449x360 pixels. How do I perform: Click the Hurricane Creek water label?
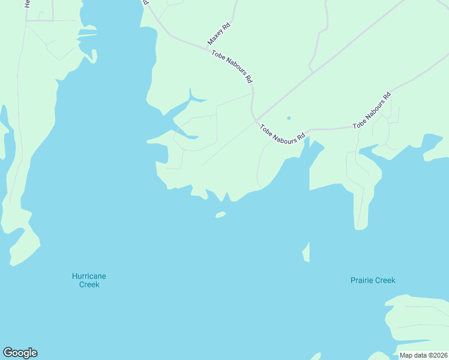(x=89, y=280)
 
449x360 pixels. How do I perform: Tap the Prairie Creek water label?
(x=373, y=280)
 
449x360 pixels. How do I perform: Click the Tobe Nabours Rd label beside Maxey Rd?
(x=232, y=66)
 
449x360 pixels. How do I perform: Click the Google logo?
(x=20, y=353)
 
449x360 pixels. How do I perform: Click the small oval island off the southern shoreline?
(x=220, y=214)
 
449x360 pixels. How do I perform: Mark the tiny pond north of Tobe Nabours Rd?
(x=289, y=118)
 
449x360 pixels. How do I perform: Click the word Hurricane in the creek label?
(x=89, y=276)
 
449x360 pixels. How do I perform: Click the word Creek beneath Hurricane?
(x=89, y=284)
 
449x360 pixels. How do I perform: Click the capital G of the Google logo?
(x=8, y=353)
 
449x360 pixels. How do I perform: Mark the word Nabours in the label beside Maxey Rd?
(x=235, y=68)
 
